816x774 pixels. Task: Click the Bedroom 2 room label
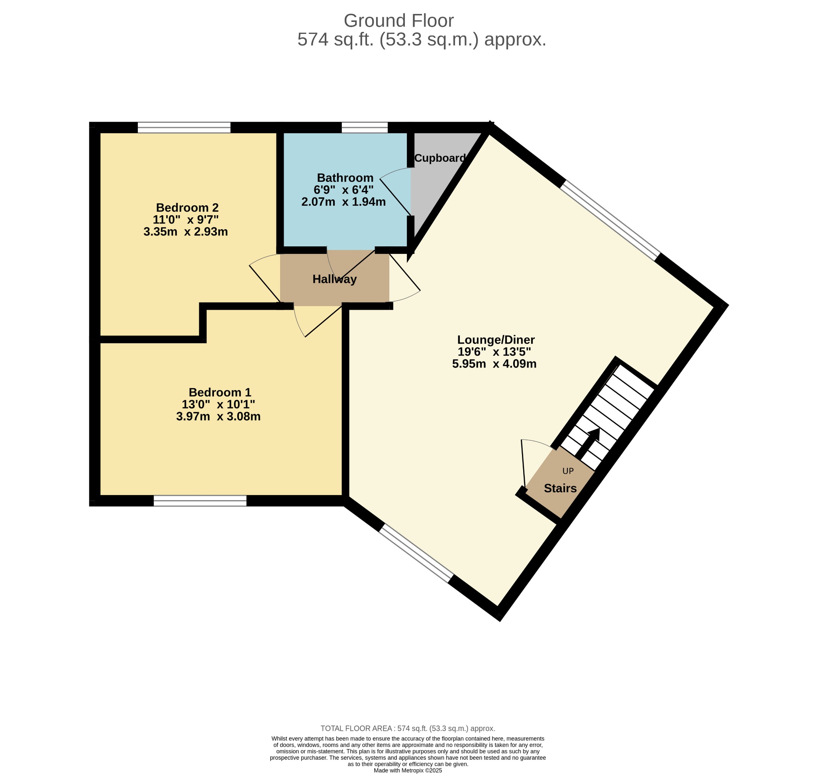(187, 208)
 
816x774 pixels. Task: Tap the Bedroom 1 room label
(220, 392)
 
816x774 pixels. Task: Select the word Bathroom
(345, 178)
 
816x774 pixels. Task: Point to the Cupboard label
(440, 158)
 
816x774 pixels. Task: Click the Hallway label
(335, 279)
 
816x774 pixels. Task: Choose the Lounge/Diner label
(496, 340)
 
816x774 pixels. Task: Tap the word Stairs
(560, 489)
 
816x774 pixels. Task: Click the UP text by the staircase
(568, 471)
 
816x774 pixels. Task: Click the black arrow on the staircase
(587, 444)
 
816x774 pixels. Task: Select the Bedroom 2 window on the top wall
(184, 128)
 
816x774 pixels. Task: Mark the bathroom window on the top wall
(365, 128)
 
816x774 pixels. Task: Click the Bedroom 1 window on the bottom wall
(200, 501)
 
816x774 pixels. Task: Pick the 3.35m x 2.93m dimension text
(186, 232)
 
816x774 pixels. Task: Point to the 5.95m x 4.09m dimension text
(494, 364)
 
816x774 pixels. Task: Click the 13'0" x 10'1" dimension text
(219, 404)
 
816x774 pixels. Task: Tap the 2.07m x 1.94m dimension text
(343, 202)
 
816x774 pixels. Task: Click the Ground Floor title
(398, 21)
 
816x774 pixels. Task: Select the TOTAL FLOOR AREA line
(408, 729)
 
